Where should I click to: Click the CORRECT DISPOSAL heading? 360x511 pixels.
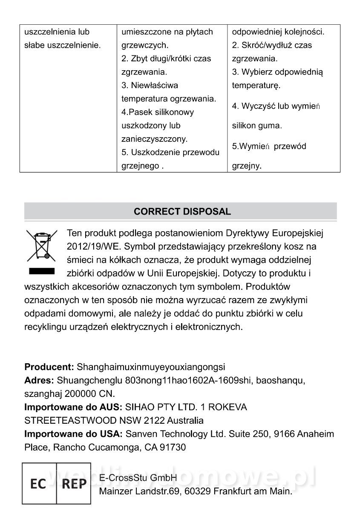pos(182,212)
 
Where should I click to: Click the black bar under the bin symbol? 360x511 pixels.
pos(42,271)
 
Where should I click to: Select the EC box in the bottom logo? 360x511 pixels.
pos(38,484)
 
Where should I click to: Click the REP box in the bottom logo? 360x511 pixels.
pos(74,484)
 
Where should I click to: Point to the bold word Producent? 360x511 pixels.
pos(49,367)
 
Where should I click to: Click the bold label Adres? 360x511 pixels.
pos(39,380)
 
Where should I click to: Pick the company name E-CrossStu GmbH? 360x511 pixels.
pos(138,478)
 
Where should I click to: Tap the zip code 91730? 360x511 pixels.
pos(172,448)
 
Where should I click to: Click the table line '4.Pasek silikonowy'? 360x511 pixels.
pos(158,112)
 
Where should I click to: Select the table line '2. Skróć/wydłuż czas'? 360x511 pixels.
pos(272,45)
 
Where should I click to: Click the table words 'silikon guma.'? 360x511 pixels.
pos(257,126)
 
